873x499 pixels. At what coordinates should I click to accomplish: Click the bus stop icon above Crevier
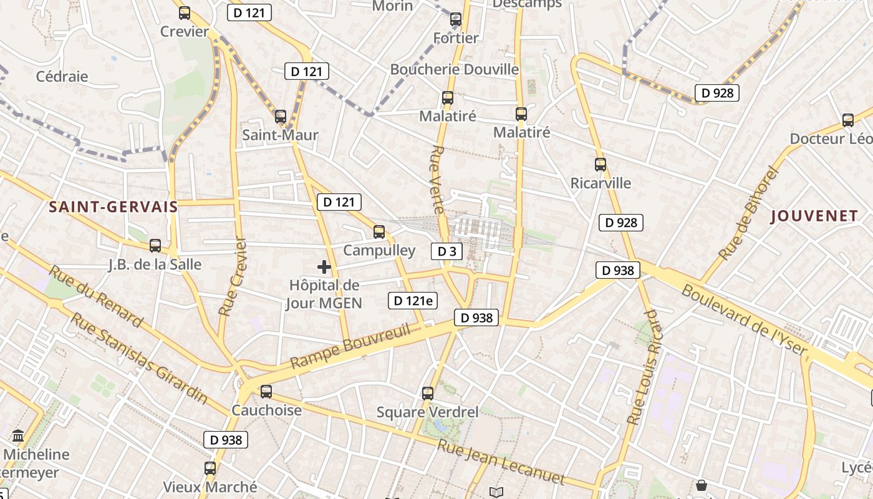[185, 12]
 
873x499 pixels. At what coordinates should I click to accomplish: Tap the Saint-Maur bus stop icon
[281, 116]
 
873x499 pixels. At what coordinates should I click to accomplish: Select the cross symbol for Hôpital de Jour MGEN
[324, 268]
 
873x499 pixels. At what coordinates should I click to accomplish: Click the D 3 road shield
[446, 251]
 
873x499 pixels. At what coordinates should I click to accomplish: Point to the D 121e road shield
[412, 301]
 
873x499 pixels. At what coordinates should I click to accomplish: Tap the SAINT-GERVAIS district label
[113, 207]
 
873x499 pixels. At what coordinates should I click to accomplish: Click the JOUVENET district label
[814, 216]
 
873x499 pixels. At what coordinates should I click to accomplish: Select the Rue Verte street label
[439, 180]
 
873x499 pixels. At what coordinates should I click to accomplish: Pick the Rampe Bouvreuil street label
[350, 346]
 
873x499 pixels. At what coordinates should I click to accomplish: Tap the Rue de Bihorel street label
[750, 213]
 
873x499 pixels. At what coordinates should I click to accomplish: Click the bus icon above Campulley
[379, 232]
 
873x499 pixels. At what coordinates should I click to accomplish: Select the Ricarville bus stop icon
[600, 165]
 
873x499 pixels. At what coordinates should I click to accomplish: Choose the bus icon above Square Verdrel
[428, 394]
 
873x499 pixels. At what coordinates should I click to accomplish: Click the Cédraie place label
[62, 77]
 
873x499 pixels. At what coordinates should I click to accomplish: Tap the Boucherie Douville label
[455, 69]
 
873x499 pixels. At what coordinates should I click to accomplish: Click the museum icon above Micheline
[17, 435]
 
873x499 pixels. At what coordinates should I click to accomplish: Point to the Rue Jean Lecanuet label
[500, 462]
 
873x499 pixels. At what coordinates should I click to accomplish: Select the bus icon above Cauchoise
[266, 392]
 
